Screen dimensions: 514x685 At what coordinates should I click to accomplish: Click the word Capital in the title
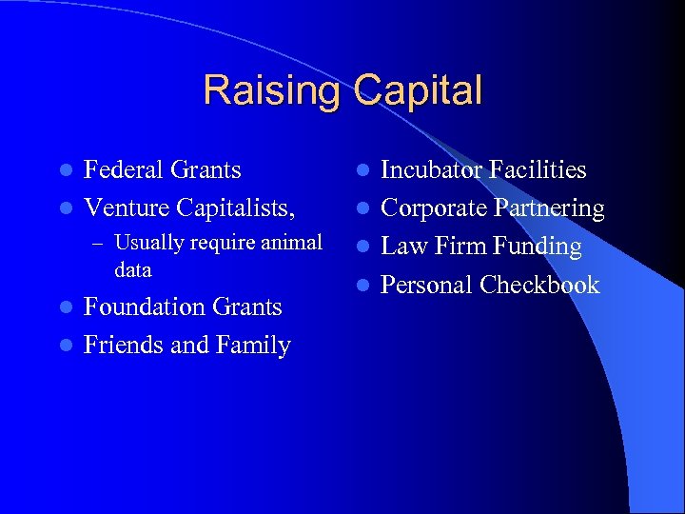tap(419, 91)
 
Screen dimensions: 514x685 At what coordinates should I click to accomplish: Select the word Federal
tap(121, 170)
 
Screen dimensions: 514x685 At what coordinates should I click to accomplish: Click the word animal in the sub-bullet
tap(289, 243)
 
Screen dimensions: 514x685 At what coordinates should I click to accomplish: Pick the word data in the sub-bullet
tap(132, 269)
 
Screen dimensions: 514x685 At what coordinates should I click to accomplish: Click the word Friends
tap(120, 345)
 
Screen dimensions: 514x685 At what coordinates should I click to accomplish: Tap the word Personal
tap(427, 285)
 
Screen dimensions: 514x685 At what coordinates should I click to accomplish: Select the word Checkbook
tap(539, 285)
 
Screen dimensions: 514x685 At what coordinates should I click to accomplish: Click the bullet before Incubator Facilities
tap(362, 171)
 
